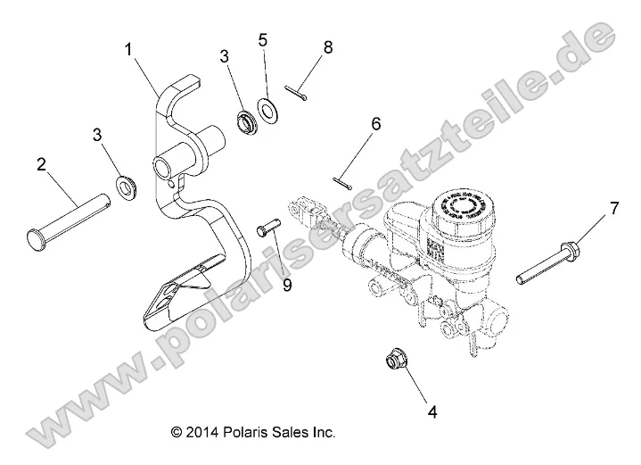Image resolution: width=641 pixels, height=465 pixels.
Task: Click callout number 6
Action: coord(375,124)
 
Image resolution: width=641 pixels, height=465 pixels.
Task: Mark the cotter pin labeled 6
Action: coord(341,182)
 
